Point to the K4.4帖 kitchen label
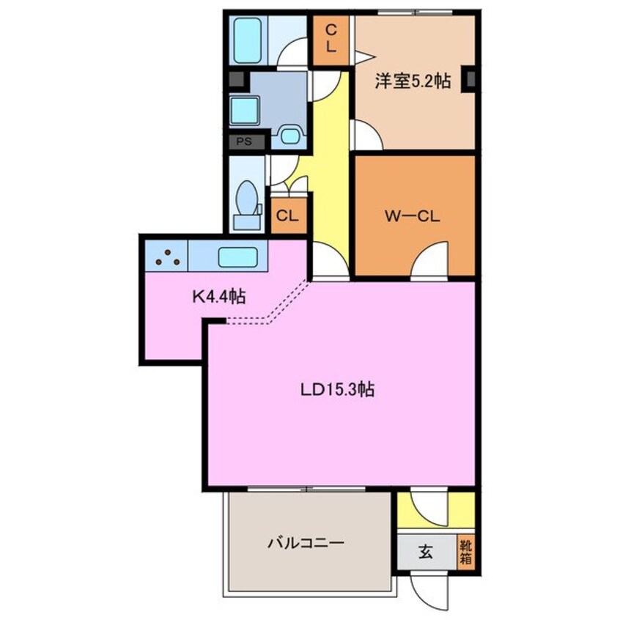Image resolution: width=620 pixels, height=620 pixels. [218, 297]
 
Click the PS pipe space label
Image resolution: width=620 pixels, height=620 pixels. [243, 142]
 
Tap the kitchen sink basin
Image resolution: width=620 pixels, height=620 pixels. [237, 257]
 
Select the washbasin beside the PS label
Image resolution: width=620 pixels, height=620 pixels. [290, 136]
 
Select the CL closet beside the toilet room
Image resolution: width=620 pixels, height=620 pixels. [286, 216]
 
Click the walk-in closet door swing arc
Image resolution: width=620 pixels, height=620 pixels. [431, 260]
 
